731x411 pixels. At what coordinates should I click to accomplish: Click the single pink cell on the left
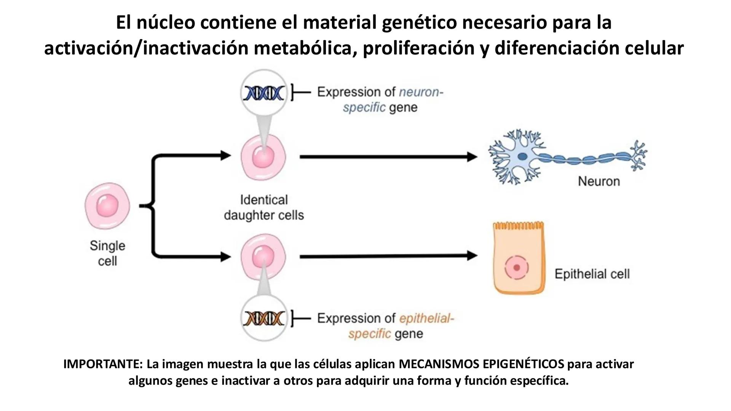(x=107, y=205)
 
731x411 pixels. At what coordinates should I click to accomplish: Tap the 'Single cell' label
(x=107, y=253)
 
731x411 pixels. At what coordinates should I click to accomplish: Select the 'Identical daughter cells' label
(x=263, y=207)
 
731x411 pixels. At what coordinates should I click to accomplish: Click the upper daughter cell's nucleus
(x=263, y=157)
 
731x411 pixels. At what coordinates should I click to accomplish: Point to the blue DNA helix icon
(x=264, y=93)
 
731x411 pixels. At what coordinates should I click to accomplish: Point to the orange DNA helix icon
(x=264, y=318)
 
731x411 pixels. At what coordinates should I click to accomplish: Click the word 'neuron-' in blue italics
(x=421, y=92)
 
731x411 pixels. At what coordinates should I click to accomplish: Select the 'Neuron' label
(x=599, y=181)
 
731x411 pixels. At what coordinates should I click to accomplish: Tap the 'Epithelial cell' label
(x=592, y=274)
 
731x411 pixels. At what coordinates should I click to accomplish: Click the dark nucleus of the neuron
(x=522, y=156)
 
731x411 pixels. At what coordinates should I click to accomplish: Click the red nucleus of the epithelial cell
(x=517, y=268)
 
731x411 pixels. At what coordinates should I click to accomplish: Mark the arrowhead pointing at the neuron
(x=472, y=156)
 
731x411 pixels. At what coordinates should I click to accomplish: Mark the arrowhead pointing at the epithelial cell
(x=472, y=256)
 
